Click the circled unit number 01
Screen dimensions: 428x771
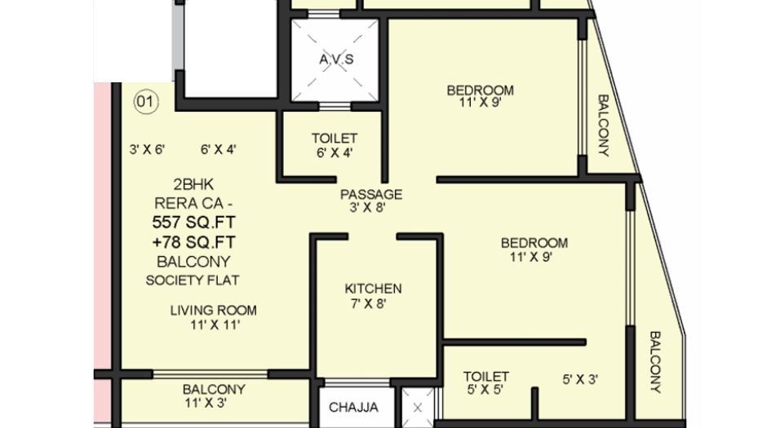point(145,102)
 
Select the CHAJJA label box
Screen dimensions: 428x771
point(353,407)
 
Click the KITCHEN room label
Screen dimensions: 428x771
point(373,289)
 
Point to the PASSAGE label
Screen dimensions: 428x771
point(371,194)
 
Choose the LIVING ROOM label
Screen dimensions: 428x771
point(214,310)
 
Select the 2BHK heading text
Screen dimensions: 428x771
point(193,184)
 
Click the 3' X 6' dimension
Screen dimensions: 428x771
point(148,149)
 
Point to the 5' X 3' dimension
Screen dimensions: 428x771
point(581,379)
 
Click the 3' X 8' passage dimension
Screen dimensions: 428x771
point(364,208)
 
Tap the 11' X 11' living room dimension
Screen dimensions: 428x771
point(215,324)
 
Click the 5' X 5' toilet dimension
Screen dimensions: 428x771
point(486,390)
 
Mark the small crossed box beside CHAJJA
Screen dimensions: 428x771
point(419,406)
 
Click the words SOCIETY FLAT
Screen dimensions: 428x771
point(193,280)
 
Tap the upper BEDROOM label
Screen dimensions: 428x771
point(480,90)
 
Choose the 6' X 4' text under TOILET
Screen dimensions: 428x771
point(334,152)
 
